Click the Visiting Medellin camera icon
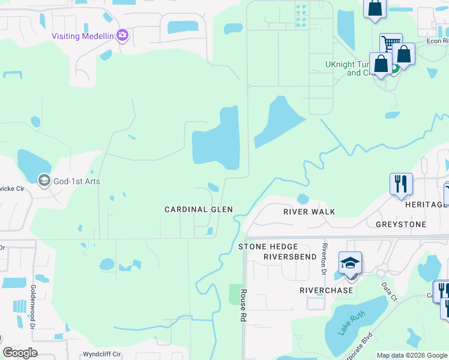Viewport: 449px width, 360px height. (122, 35)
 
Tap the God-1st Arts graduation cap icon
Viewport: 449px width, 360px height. (44, 180)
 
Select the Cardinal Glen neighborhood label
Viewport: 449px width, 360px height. (199, 209)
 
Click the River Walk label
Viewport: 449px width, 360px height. (309, 212)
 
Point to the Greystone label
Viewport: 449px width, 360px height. (401, 224)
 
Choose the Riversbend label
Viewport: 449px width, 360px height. (289, 256)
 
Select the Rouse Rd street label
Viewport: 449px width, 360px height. (244, 306)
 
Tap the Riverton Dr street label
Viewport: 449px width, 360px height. (324, 255)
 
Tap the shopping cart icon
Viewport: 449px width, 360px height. (391, 43)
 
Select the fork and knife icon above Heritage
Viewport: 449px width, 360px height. (400, 183)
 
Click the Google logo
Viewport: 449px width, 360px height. (20, 353)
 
